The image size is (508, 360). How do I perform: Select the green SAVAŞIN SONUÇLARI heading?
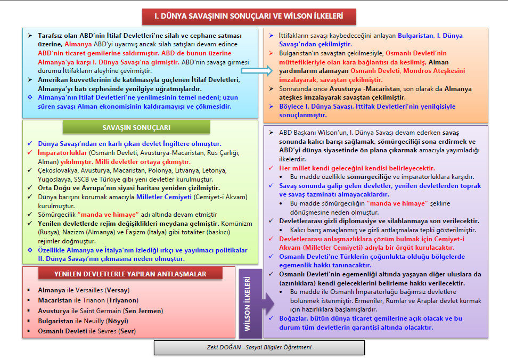point(136,128)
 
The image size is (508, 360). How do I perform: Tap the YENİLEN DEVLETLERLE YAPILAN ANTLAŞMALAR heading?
point(130,274)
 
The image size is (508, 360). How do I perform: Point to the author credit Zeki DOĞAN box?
point(259,347)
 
